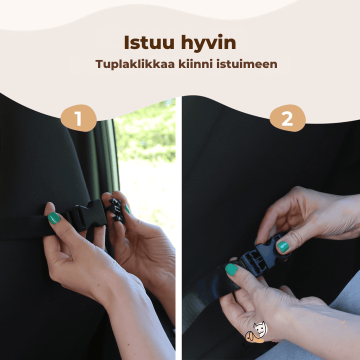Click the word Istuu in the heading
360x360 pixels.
(149, 42)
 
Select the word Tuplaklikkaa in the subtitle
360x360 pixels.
(135, 64)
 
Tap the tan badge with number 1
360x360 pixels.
(78, 118)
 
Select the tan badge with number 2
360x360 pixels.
(287, 118)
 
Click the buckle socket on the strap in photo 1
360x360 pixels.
(87, 214)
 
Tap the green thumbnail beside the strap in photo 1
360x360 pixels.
(54, 218)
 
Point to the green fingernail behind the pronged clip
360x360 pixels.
(127, 209)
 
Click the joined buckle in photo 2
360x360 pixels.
(261, 256)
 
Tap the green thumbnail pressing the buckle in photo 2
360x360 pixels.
(283, 247)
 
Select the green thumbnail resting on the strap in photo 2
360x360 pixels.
(231, 269)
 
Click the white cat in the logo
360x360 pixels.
(260, 328)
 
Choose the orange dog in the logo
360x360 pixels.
(252, 338)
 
